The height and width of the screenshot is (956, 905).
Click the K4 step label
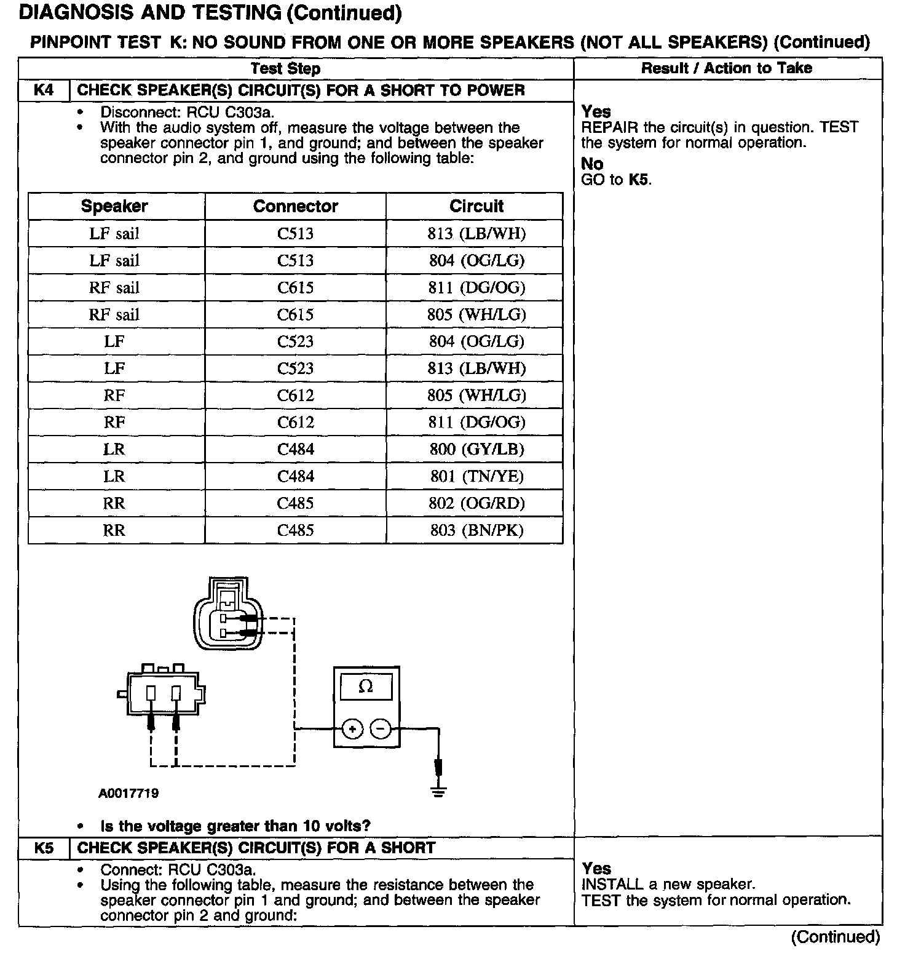(x=44, y=90)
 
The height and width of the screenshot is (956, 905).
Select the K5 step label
(x=44, y=848)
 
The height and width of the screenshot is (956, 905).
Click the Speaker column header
(x=114, y=206)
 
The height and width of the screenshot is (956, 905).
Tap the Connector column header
(x=296, y=206)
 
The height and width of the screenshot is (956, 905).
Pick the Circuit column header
(x=476, y=206)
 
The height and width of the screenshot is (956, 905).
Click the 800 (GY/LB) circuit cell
(x=476, y=449)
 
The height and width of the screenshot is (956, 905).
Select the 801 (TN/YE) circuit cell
(x=476, y=476)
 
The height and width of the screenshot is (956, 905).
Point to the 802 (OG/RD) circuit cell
(x=476, y=503)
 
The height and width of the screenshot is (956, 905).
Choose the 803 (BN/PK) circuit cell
(x=476, y=530)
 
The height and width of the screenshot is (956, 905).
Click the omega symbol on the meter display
(x=366, y=687)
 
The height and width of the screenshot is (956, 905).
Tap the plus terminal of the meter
(x=352, y=730)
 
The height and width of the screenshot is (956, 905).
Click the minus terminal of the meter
(x=381, y=730)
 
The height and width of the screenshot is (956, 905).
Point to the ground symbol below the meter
(x=438, y=791)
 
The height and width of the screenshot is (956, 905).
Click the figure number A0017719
(x=128, y=794)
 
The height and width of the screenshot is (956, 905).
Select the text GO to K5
(x=616, y=180)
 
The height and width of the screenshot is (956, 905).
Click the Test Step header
(x=285, y=68)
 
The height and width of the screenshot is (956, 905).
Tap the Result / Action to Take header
(x=727, y=68)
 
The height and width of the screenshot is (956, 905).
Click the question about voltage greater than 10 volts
(x=235, y=826)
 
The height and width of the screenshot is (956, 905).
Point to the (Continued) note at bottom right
(x=836, y=937)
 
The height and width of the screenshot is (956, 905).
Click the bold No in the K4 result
(x=592, y=164)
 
